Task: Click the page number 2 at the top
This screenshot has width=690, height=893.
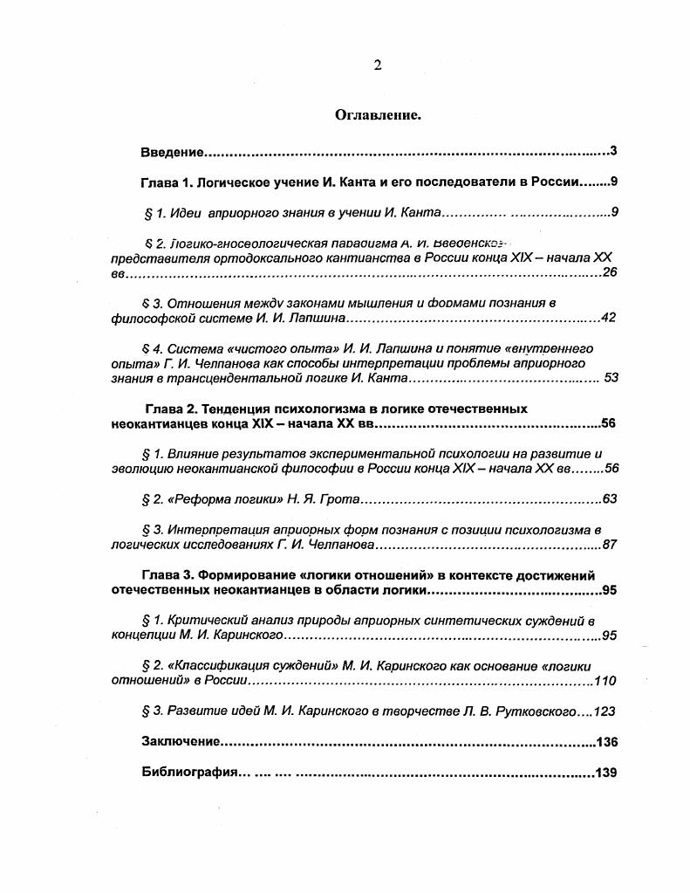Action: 378,65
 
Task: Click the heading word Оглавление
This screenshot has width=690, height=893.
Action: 378,114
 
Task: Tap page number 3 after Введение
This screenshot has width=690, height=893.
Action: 613,152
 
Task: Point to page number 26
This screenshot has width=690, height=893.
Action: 610,273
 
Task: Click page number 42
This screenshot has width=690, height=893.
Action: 609,318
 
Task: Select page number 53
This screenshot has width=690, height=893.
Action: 611,378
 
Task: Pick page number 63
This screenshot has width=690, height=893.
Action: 610,499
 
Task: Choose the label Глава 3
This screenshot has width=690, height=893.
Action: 167,575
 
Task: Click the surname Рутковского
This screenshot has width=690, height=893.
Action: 540,711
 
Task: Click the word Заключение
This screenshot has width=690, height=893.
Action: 180,742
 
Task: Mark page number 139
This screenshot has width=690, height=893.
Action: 606,773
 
